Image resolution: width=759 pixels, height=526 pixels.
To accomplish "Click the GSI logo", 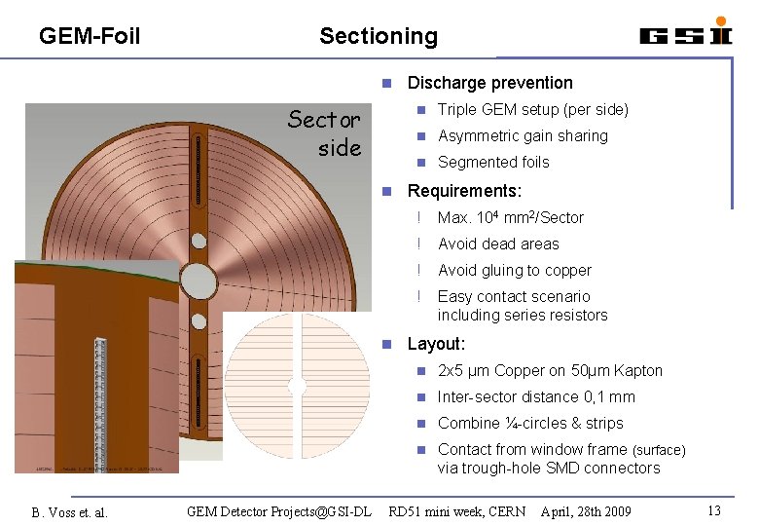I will [685, 33].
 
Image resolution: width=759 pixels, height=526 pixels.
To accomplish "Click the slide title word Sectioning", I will [379, 36].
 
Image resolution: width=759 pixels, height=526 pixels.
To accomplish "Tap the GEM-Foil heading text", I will [90, 36].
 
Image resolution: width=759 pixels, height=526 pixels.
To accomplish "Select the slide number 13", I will [714, 510].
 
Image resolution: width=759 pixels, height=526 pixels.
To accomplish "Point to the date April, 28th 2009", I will [586, 510].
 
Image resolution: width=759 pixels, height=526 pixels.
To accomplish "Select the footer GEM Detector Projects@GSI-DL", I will [279, 510].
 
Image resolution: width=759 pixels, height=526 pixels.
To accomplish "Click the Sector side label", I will [326, 133].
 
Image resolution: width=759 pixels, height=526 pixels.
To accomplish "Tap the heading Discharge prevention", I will [489, 83].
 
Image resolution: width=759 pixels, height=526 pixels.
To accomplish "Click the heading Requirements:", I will [464, 191].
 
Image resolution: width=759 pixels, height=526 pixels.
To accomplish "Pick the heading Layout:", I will [436, 344].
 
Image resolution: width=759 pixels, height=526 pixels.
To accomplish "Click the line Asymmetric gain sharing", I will [523, 136].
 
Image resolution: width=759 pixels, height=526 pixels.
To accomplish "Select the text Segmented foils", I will [493, 163].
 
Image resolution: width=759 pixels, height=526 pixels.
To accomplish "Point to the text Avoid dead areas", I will [498, 244].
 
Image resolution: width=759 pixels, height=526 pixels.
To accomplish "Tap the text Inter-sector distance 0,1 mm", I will [536, 397].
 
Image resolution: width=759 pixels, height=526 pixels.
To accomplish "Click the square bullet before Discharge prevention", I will [386, 84].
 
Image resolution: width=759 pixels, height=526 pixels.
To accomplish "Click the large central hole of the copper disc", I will [199, 281].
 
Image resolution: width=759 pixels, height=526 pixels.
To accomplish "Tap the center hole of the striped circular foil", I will [298, 387].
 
